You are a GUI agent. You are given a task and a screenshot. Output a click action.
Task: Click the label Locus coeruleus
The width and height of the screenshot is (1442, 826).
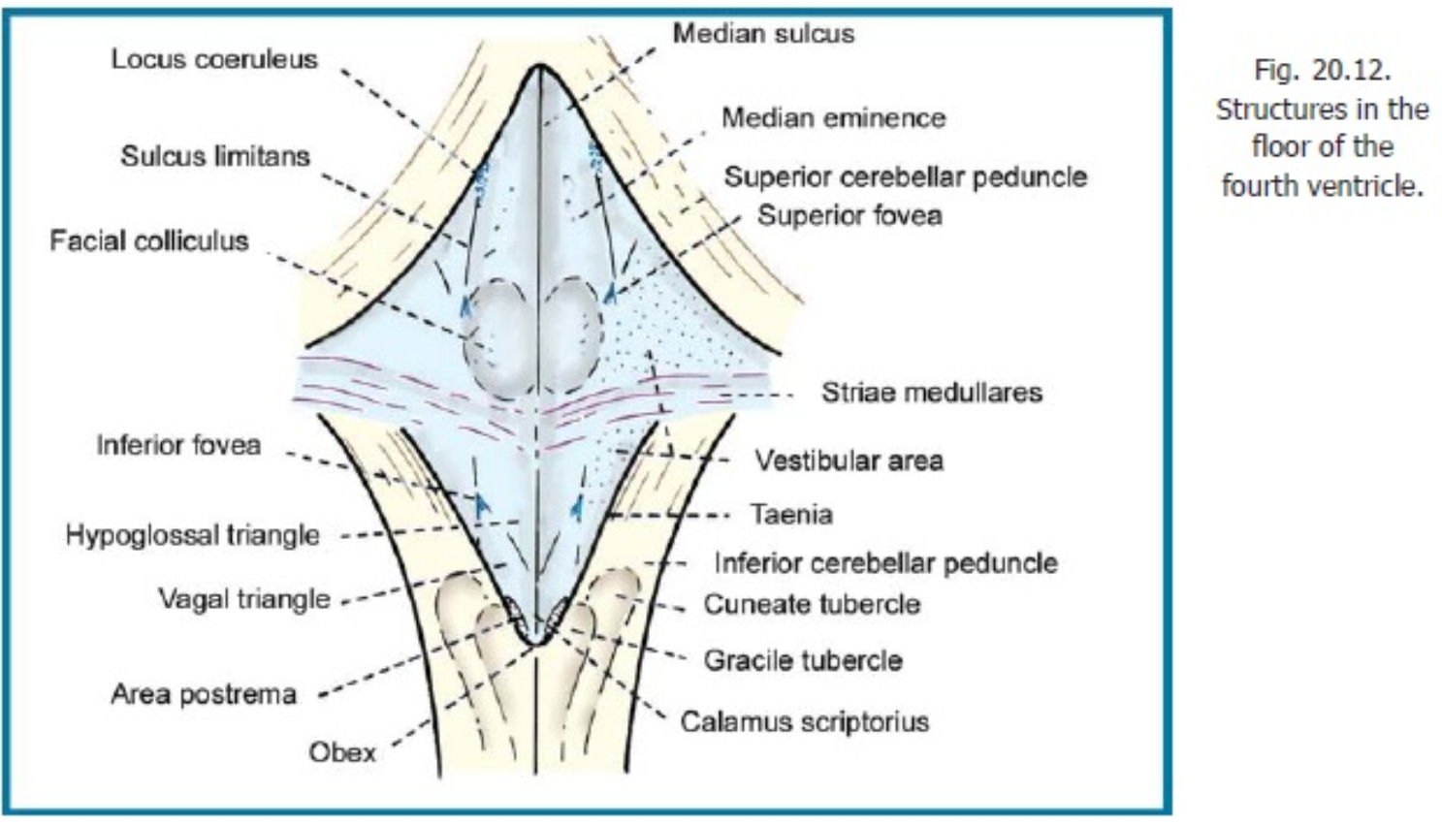[213, 59]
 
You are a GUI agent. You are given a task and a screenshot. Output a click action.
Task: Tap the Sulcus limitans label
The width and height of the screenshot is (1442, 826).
[214, 156]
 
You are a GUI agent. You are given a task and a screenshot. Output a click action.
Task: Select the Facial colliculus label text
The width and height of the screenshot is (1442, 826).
[149, 240]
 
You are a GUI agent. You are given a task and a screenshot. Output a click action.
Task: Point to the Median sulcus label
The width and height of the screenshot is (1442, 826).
[763, 34]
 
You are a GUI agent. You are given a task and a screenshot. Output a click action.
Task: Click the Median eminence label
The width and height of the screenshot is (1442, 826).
[833, 118]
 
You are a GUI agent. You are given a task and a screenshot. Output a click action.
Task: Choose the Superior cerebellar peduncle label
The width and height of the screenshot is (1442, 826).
[905, 176]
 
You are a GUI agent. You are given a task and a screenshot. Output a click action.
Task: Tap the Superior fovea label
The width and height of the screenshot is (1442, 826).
[849, 214]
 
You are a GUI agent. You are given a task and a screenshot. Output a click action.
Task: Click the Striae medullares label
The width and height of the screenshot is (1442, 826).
[931, 393]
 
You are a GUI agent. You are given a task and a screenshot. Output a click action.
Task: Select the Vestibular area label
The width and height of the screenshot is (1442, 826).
[849, 461]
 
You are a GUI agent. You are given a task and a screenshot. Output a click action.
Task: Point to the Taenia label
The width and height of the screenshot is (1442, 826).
[790, 514]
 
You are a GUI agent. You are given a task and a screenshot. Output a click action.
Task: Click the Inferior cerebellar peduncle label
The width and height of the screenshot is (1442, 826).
[885, 562]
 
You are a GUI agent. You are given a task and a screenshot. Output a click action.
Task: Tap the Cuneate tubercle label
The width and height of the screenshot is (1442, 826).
[812, 604]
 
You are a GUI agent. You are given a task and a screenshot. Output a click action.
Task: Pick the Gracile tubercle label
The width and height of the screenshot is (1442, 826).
[803, 660]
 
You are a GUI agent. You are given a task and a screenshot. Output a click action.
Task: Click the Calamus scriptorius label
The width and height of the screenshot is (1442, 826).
[804, 721]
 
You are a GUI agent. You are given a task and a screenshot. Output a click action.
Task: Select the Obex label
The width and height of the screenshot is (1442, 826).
[341, 751]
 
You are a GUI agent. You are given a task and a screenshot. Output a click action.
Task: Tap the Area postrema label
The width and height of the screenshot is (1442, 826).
[203, 694]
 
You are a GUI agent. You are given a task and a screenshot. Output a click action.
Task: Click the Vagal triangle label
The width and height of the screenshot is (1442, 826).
[244, 599]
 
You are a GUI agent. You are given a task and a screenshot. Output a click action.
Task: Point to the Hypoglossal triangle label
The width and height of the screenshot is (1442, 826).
[192, 535]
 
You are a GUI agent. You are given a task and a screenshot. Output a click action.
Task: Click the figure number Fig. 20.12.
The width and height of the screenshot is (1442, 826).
[1322, 70]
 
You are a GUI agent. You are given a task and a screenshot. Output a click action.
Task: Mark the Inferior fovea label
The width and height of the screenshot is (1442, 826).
[178, 445]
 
